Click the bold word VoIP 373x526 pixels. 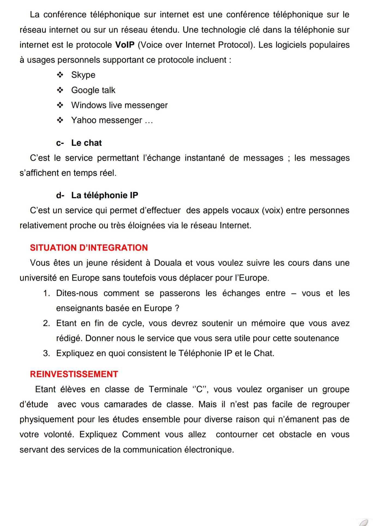pos(125,45)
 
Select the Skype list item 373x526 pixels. pos(83,75)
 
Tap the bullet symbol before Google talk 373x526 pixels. pos(60,90)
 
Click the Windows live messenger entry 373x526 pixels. pos(119,105)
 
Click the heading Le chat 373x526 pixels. pos(86,143)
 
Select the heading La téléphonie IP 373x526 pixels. pos(105,195)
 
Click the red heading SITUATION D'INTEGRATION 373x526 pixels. pos(89,248)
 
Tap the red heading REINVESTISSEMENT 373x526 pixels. pos(74,374)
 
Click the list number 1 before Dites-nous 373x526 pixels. pos(46,293)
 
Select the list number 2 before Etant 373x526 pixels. pos(46,323)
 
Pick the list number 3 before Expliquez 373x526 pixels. pos(46,353)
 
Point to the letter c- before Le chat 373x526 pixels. pos(60,143)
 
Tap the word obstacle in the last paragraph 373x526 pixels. pos(295,435)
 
